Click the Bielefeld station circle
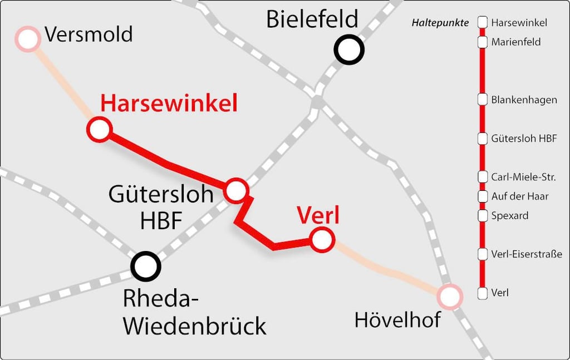pos(349,50)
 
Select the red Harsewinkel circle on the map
pos(99,129)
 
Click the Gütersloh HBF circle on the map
pos(237,190)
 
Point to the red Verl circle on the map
pos(322,240)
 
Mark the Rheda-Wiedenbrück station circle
pos(146,266)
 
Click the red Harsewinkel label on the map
pos(169,103)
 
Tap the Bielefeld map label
pos(312,19)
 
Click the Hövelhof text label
pos(397,320)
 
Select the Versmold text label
pos(89,34)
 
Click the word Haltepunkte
pos(440,23)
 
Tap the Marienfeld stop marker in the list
pos(483,42)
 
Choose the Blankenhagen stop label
pos(524,100)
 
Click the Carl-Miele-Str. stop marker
pos(483,177)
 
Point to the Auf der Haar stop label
pos(520,196)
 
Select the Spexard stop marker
pos(483,215)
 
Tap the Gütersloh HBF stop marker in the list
pos(483,139)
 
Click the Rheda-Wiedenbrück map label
pos(194,313)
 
